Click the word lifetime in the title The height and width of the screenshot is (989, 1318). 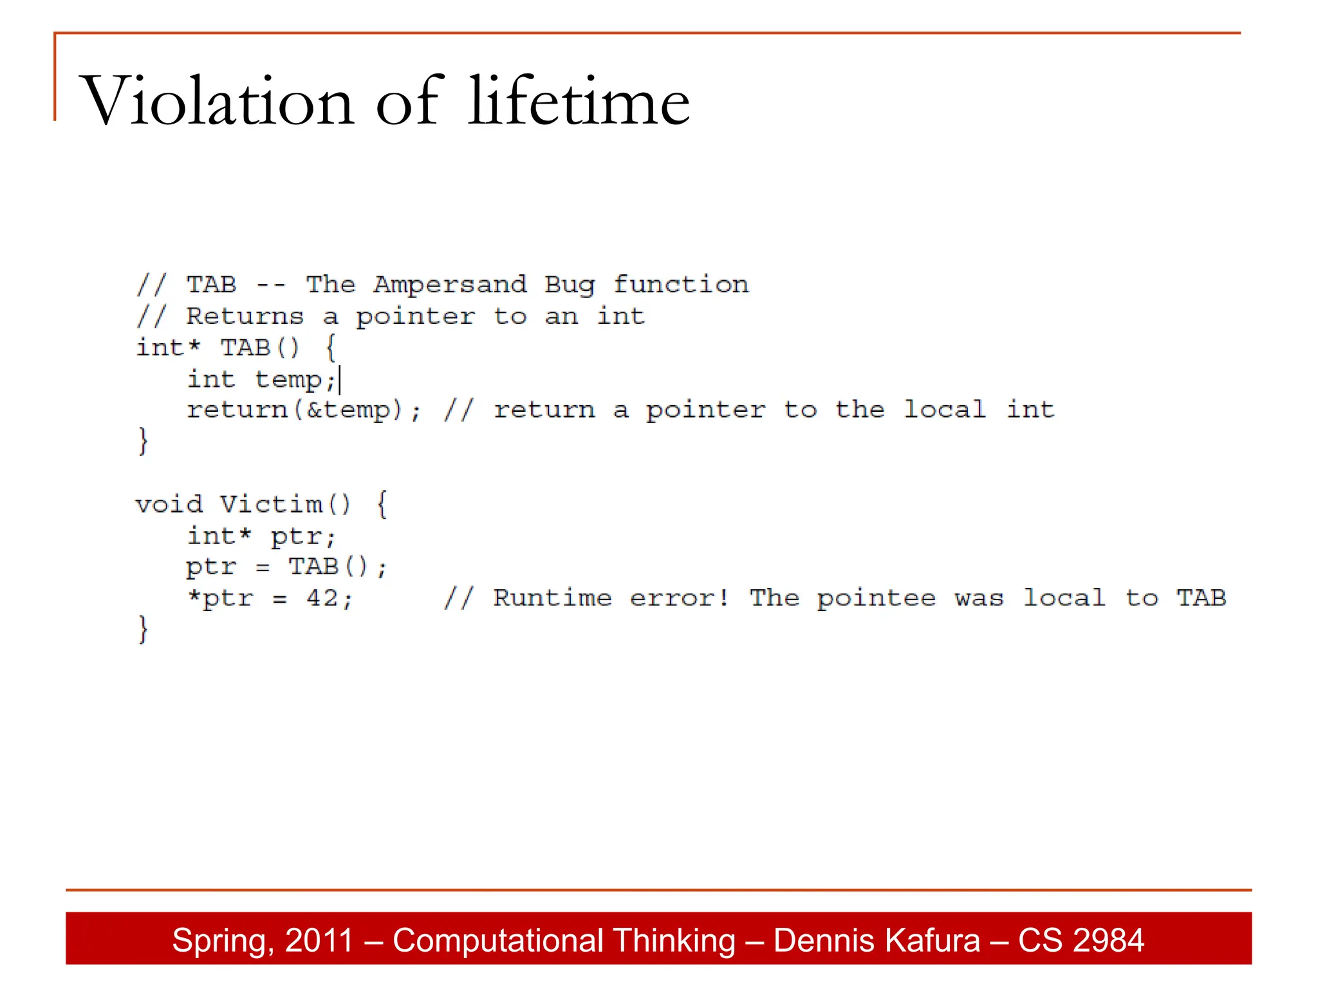[x=579, y=101]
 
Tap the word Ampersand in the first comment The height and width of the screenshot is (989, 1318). [x=450, y=285]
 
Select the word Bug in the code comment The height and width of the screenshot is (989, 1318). [x=570, y=285]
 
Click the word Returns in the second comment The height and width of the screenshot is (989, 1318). [x=245, y=316]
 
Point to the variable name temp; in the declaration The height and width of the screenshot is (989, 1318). [x=295, y=379]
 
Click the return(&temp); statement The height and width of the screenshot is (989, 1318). [x=303, y=410]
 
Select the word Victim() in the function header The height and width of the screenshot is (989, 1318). [x=286, y=504]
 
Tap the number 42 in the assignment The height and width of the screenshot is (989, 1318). [x=322, y=599]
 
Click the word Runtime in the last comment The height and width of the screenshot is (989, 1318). [x=552, y=598]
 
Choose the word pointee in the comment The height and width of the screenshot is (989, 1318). [x=876, y=599]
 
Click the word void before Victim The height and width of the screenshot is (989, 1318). [x=169, y=504]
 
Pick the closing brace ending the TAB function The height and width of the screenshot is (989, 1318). [x=143, y=442]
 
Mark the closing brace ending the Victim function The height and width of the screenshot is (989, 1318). [x=143, y=630]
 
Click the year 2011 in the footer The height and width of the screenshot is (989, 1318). [x=319, y=940]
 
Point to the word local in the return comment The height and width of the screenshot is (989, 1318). [x=944, y=410]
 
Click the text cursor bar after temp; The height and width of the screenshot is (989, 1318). [x=340, y=379]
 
